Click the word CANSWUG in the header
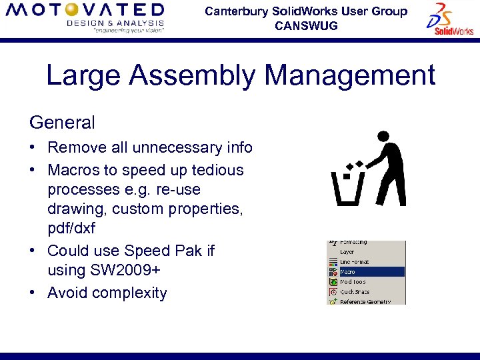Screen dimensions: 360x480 [x=306, y=26]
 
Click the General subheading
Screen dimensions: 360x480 [x=62, y=123]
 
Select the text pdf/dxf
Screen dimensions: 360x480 [x=71, y=229]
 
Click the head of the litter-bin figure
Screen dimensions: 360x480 [x=383, y=136]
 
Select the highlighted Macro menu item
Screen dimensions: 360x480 [x=348, y=272]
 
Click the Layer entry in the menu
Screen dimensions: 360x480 [x=347, y=252]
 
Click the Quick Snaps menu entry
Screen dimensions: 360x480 [x=355, y=291]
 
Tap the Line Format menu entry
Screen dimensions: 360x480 [x=354, y=262]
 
